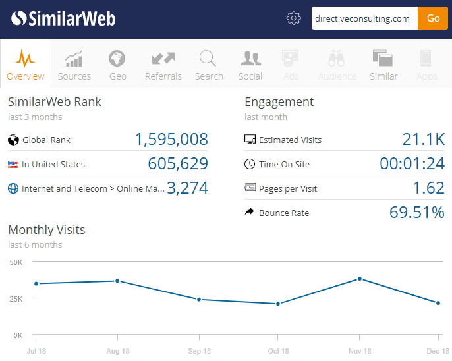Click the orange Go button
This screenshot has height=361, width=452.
[433, 18]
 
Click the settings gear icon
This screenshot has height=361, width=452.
[294, 18]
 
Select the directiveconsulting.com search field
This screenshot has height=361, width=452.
[364, 18]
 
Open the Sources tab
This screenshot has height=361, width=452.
[74, 65]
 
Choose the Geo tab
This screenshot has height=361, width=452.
[117, 65]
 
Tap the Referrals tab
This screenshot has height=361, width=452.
[163, 65]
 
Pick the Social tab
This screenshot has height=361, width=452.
[250, 65]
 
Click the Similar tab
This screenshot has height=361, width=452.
[383, 65]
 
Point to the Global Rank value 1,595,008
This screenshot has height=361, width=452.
[171, 140]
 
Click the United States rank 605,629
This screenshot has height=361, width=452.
[178, 164]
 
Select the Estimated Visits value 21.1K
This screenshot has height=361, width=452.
[424, 140]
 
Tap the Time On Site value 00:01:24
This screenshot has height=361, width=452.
[412, 164]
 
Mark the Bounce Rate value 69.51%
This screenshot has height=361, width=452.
[416, 212]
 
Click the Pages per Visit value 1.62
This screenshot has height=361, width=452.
[428, 188]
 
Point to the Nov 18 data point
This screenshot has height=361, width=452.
[360, 279]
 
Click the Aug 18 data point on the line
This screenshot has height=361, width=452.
[117, 281]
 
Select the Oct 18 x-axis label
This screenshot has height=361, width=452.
[279, 351]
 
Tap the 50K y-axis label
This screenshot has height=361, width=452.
[16, 262]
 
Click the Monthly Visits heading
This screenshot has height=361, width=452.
[46, 230]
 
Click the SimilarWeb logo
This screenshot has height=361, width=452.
[63, 18]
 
